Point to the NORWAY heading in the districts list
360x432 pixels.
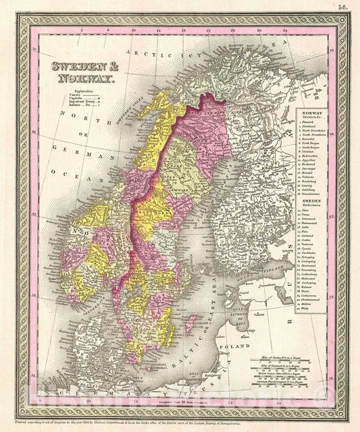tap(311, 113)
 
